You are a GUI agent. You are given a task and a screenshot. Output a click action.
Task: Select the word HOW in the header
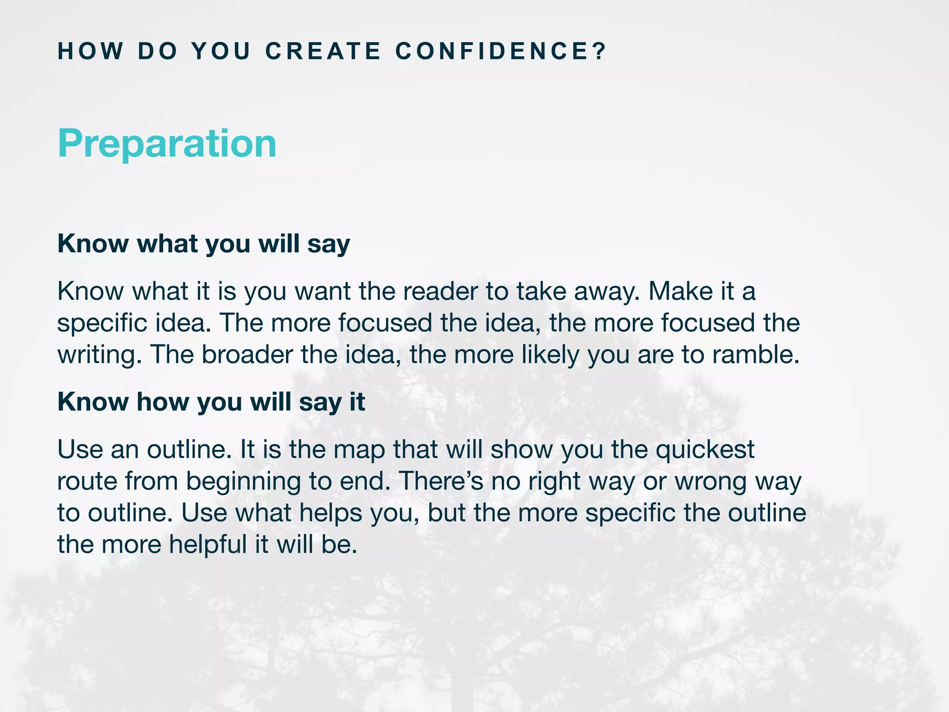point(91,51)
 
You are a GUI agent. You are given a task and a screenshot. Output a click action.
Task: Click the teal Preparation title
point(167,144)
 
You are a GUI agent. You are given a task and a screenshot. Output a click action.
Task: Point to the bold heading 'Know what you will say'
point(203,244)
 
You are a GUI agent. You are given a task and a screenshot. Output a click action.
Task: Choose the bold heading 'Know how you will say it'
point(211,402)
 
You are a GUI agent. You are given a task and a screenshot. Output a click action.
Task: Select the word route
point(87,482)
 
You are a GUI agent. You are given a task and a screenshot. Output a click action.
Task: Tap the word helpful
point(208,544)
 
